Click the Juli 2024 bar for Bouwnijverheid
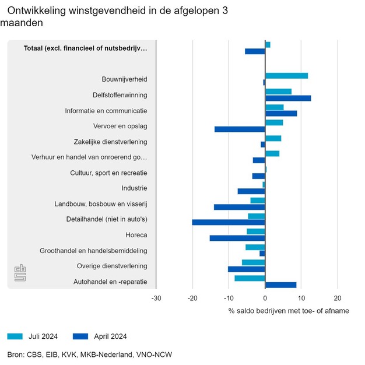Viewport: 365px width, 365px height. click(286, 76)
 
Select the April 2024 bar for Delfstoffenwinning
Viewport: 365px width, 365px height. click(288, 98)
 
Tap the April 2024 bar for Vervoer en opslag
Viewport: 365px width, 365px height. click(240, 129)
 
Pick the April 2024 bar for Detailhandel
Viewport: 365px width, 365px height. click(229, 222)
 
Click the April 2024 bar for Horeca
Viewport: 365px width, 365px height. click(237, 238)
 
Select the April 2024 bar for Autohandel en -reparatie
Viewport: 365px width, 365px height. click(280, 285)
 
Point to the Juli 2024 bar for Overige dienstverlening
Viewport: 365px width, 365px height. click(254, 262)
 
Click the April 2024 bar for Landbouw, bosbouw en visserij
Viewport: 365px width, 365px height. click(240, 207)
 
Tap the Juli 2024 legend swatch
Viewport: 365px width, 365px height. click(15, 336)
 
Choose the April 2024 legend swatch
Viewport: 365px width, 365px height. click(81, 336)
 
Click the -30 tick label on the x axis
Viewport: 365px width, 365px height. click(156, 297)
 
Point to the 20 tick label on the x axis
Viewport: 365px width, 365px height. click(338, 297)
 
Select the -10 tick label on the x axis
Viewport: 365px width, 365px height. click(229, 297)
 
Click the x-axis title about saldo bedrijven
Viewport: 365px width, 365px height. click(289, 311)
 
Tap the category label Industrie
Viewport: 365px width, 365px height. click(134, 188)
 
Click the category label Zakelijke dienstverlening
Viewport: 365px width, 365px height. click(110, 142)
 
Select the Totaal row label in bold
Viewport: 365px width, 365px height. click(85, 48)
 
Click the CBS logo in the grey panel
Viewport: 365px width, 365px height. click(20, 273)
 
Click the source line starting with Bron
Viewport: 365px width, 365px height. click(90, 355)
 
